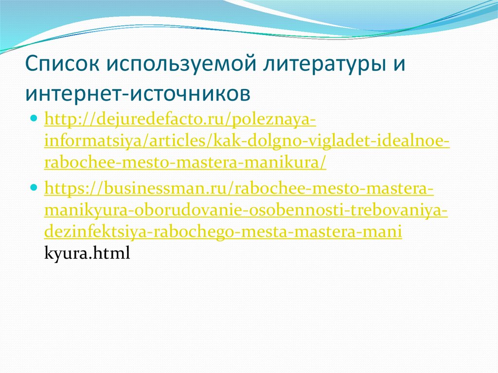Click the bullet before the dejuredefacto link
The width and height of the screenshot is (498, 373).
pyautogui.click(x=34, y=119)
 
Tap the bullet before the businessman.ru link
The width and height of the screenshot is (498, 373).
pyautogui.click(x=34, y=187)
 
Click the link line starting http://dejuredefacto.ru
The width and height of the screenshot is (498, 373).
pyautogui.click(x=180, y=120)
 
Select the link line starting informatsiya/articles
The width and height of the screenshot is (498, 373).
pyautogui.click(x=247, y=142)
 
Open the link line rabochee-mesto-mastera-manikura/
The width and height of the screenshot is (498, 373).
pyautogui.click(x=185, y=164)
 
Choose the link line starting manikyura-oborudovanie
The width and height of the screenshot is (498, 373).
pyautogui.click(x=246, y=211)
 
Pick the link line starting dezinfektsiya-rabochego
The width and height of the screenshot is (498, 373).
pyautogui.click(x=223, y=232)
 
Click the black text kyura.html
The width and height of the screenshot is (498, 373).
pyautogui.click(x=87, y=254)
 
